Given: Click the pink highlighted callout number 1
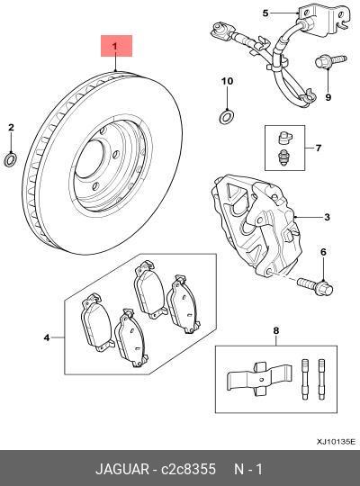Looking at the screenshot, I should coord(114,44).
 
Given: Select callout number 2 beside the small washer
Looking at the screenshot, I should coord(11,129).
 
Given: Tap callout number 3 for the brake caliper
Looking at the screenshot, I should coord(328,218).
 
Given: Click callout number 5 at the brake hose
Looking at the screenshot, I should coord(265,13).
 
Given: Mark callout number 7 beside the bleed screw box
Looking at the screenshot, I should coord(318,146).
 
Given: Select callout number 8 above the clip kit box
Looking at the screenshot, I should coord(276,332).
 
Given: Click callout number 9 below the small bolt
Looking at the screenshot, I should coord(328,97).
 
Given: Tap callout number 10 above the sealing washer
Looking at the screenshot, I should coord(227,82).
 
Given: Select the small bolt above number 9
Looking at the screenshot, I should coord(326,63).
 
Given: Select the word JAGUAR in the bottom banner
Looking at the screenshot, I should coord(124,469).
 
